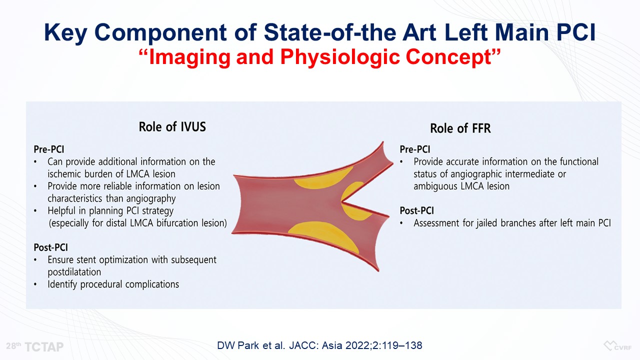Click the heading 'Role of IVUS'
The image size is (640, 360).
point(172,126)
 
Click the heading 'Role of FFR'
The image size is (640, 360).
point(460,128)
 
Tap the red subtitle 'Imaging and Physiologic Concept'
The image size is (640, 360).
point(319,57)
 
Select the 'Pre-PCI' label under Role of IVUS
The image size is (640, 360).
point(49,149)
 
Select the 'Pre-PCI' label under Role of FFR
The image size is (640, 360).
point(415,149)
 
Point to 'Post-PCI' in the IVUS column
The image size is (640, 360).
point(51,247)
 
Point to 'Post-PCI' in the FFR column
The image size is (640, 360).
point(417,210)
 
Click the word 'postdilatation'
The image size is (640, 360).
point(74,272)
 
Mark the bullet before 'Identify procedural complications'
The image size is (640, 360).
point(35,284)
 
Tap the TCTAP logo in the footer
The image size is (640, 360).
point(35,346)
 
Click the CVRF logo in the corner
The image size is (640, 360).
point(617,346)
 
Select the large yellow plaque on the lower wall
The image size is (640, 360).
point(323,235)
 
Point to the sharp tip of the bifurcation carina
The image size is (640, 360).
point(342,202)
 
